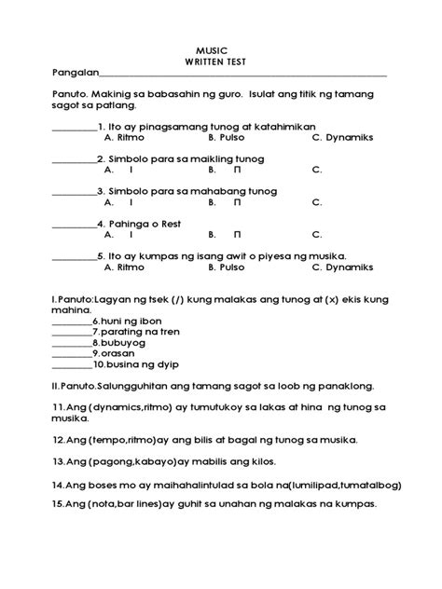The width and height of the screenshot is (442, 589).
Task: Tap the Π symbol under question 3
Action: (x=237, y=202)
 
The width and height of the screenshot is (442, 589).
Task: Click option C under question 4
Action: (x=317, y=235)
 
